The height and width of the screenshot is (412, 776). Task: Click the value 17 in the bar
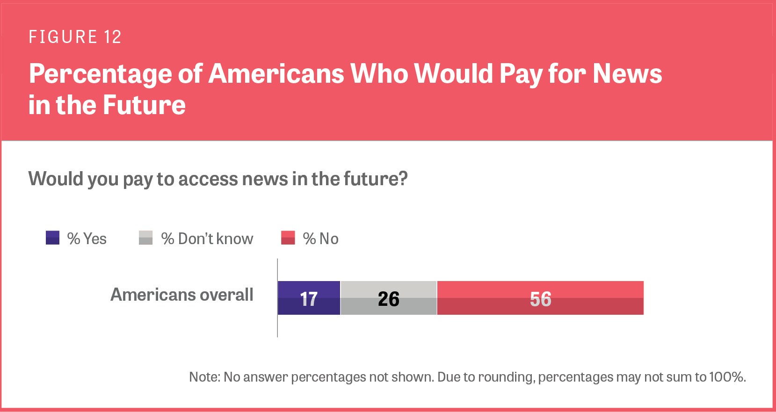(x=309, y=299)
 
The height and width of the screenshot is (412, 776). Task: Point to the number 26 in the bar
(x=388, y=299)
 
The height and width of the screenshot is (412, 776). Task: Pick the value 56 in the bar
(x=540, y=299)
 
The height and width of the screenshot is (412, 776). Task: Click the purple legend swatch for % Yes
(x=52, y=238)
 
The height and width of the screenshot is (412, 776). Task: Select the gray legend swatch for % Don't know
(x=145, y=238)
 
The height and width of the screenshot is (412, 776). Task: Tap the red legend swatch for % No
(x=288, y=238)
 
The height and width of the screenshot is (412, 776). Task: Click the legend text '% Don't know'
(x=207, y=239)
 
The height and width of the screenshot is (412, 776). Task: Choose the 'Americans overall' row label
(x=181, y=295)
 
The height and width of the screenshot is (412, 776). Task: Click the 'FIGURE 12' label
(x=75, y=37)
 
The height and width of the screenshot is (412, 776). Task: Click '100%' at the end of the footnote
(x=727, y=377)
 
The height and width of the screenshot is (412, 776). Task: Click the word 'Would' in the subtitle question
(x=50, y=179)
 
